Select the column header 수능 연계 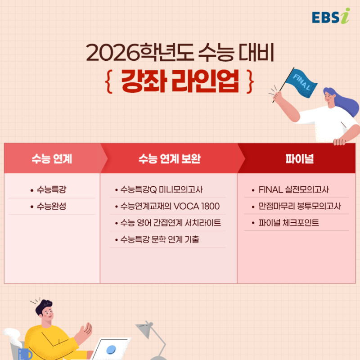(x=52, y=158)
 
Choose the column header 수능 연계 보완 (x=170, y=158)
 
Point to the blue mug (x=25, y=354)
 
